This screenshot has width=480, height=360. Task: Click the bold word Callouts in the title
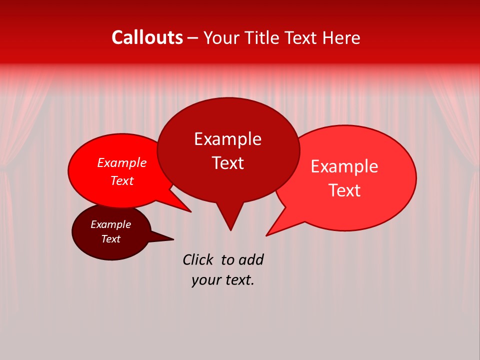[x=147, y=38]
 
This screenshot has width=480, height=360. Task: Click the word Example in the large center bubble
[x=227, y=139]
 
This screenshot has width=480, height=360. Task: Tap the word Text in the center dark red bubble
[x=227, y=163]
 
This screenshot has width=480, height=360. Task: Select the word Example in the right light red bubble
[x=344, y=166]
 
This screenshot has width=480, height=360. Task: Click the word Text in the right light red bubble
[x=344, y=190]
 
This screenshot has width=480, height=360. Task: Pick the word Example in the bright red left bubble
[x=121, y=163]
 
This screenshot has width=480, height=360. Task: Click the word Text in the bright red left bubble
[x=121, y=181]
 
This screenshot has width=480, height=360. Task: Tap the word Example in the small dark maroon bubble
[x=110, y=224]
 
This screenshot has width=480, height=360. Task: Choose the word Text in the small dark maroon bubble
[x=110, y=239]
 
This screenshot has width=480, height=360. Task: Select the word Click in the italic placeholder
[x=197, y=260]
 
